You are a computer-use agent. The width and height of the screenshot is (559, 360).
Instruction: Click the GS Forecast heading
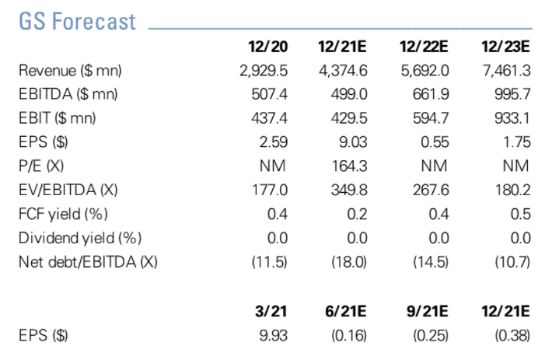click(77, 21)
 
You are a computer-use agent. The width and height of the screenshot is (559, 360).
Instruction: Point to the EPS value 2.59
click(273, 142)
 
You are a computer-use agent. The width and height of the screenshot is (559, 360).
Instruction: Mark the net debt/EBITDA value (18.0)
click(348, 261)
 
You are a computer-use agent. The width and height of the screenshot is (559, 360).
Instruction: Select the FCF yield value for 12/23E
click(519, 213)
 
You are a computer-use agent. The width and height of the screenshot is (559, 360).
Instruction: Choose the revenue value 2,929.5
click(264, 71)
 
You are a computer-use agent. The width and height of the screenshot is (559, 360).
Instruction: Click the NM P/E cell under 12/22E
click(434, 166)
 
